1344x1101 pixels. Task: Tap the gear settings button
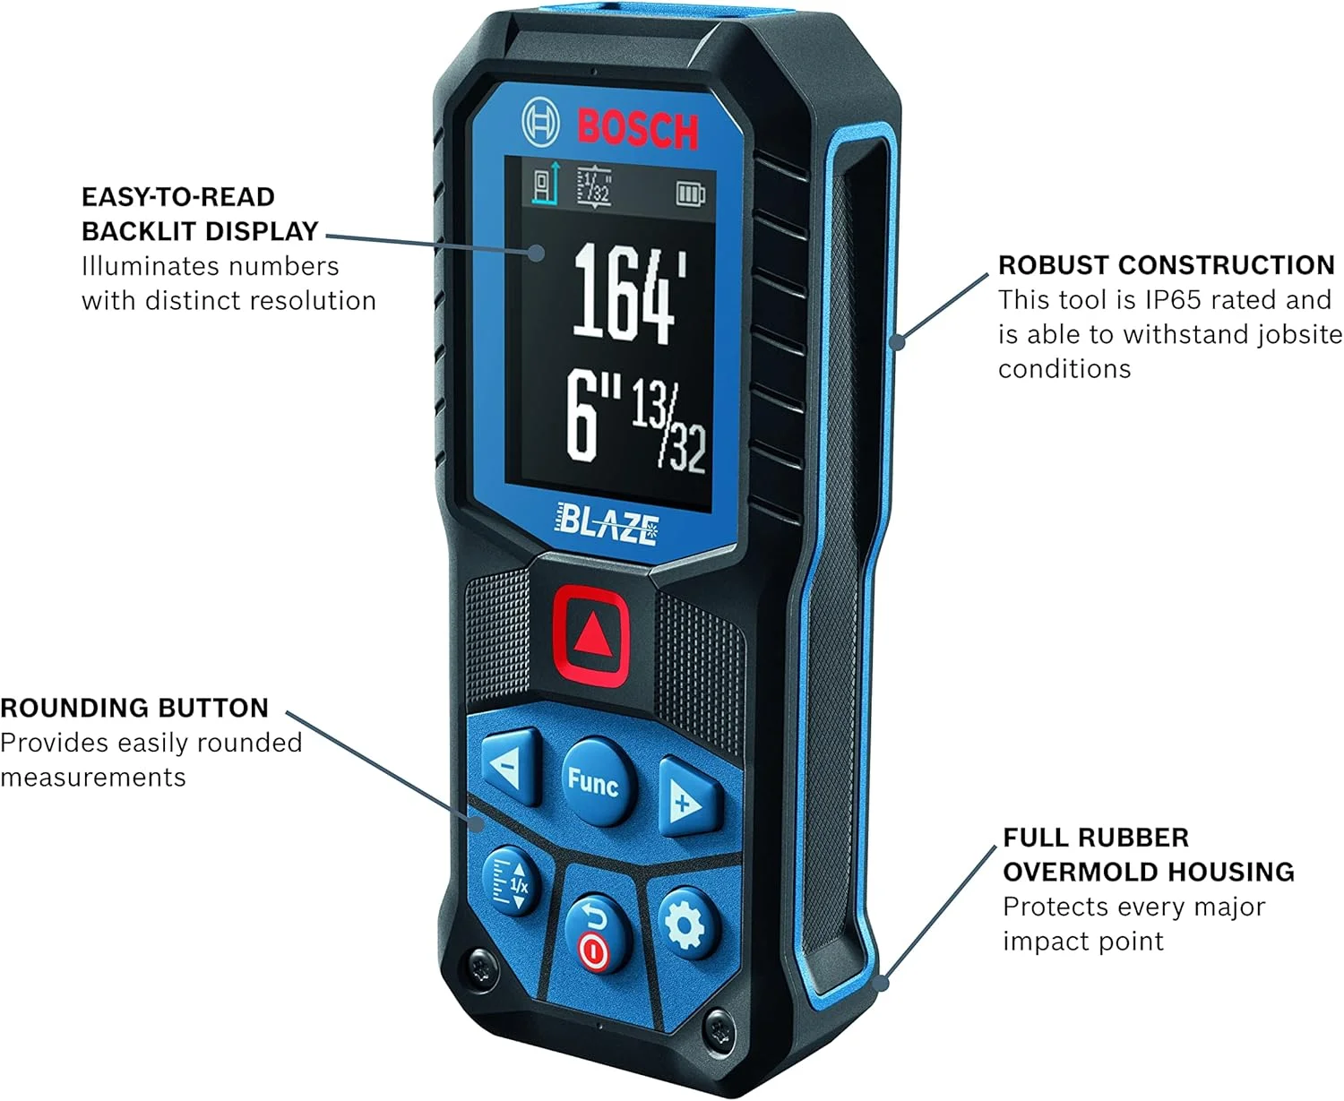pyautogui.click(x=685, y=925)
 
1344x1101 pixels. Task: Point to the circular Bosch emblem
pyautogui.click(x=540, y=123)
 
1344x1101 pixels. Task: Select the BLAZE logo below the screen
pyautogui.click(x=607, y=524)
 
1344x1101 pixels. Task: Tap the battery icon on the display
pyautogui.click(x=690, y=194)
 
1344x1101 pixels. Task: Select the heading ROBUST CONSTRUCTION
pyautogui.click(x=1167, y=265)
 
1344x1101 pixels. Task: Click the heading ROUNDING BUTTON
pyautogui.click(x=134, y=708)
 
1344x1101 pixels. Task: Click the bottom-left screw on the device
pyautogui.click(x=482, y=968)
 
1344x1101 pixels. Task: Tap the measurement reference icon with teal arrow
pyautogui.click(x=547, y=184)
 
